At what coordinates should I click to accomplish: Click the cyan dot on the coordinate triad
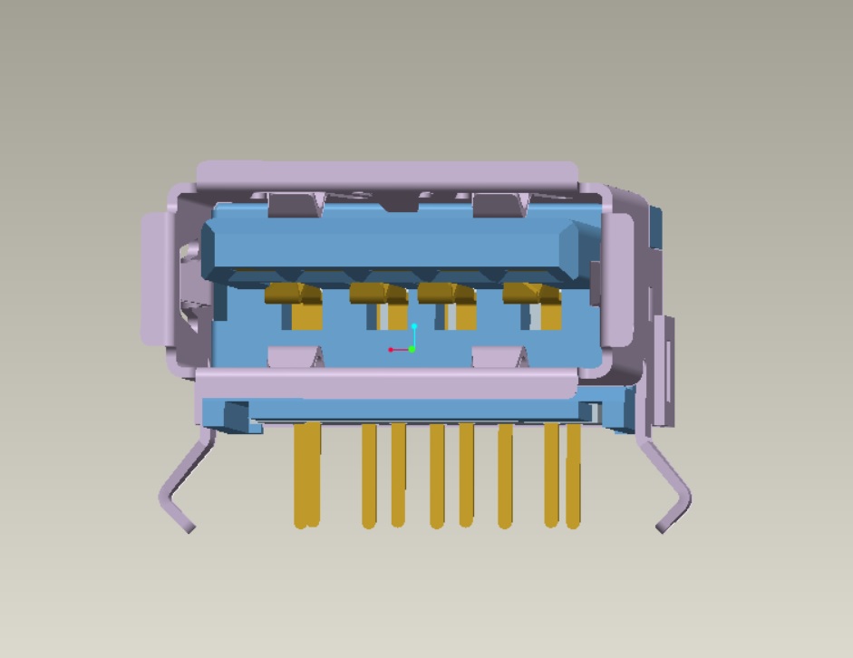(414, 326)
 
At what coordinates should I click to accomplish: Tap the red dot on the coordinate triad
(391, 350)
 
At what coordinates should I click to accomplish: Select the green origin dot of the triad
(412, 349)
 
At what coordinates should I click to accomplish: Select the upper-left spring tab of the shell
(296, 206)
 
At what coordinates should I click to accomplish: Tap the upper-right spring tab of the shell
(499, 206)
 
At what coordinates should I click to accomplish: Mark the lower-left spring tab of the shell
(296, 356)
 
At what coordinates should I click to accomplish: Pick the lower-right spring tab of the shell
(499, 356)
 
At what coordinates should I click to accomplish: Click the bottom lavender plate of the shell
(385, 384)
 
